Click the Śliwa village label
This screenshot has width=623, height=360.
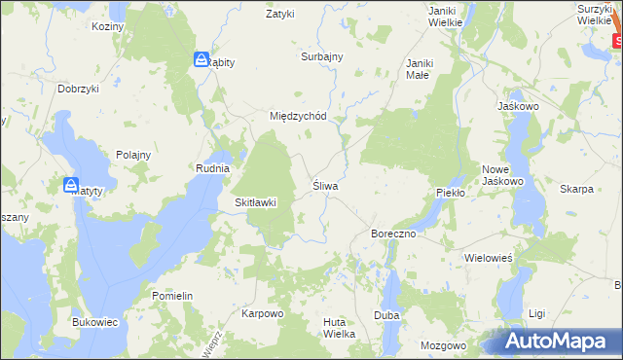(x=324, y=185)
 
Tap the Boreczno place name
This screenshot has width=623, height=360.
(x=394, y=234)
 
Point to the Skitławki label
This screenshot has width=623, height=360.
(x=256, y=202)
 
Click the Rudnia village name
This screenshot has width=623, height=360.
(x=212, y=168)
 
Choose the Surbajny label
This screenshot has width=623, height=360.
(x=322, y=56)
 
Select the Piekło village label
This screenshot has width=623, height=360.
(x=452, y=193)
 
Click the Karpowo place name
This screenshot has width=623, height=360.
(x=262, y=314)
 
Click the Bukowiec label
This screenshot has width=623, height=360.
(x=95, y=321)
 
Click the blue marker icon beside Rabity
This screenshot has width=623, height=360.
(x=202, y=60)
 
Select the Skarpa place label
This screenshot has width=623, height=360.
(x=577, y=189)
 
